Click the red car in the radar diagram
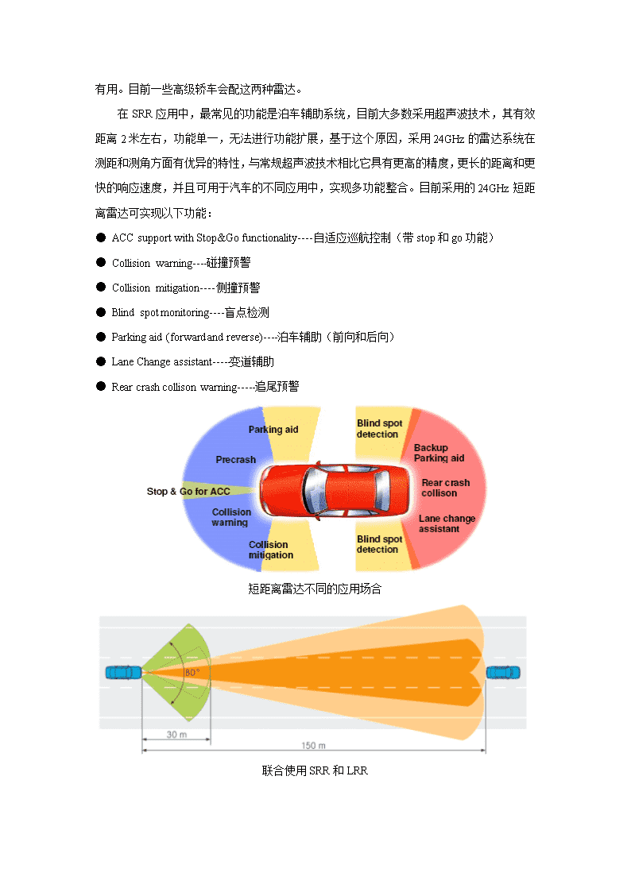(x=335, y=490)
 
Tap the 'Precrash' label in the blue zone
(x=235, y=460)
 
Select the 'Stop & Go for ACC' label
(x=188, y=492)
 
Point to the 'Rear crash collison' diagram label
(x=446, y=488)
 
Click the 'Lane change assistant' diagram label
(x=447, y=523)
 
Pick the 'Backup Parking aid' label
(x=439, y=453)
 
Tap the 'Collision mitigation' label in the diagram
(x=271, y=550)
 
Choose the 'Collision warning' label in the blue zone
(x=231, y=517)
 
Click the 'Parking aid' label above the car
(x=273, y=430)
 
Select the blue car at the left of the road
(x=123, y=673)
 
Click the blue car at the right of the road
(x=503, y=673)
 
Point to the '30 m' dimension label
(x=176, y=735)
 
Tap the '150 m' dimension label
(x=313, y=745)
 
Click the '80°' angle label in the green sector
(x=192, y=673)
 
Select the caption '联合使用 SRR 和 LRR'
(x=315, y=770)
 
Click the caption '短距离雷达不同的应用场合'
(x=315, y=589)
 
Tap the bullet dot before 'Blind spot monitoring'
(x=101, y=311)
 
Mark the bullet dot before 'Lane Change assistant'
(x=101, y=361)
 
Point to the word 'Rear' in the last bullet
(x=122, y=387)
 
